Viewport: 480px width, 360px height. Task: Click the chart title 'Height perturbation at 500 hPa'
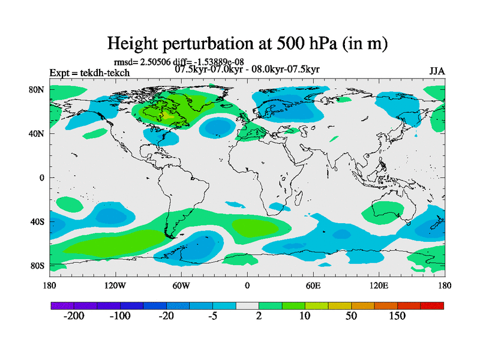247,43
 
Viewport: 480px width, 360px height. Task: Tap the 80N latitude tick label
38,89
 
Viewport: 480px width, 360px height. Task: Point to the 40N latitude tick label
38,133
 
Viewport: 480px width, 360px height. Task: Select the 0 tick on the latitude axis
42,178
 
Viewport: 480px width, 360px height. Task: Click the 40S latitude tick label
38,221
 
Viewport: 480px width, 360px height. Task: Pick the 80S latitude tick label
38,265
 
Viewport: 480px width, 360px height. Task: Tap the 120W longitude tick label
115,285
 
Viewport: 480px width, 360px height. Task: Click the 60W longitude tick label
181,285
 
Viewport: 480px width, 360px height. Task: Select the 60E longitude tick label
313,285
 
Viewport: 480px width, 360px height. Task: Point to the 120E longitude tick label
379,285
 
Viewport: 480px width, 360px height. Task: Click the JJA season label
437,71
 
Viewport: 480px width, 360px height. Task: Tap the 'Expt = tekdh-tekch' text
89,73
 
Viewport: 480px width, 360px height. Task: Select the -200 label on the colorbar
75,316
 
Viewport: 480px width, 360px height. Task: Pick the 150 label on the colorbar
398,316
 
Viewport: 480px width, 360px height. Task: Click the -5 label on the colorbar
213,316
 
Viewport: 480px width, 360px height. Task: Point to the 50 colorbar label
352,316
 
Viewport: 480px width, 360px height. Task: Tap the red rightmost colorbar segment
432,305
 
